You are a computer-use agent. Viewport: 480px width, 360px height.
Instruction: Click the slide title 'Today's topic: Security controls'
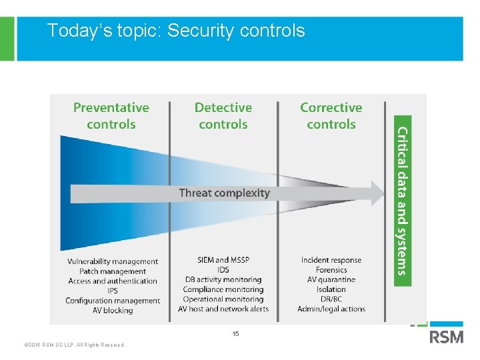(x=176, y=31)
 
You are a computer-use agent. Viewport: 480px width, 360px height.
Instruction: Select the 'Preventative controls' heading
(x=111, y=116)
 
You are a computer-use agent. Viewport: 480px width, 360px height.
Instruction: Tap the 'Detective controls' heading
(x=223, y=116)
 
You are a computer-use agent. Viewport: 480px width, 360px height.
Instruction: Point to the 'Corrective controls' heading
(x=331, y=116)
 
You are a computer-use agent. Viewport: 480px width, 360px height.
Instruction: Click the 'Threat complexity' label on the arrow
(x=224, y=193)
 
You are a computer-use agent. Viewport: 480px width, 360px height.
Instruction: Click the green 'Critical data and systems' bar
(x=403, y=201)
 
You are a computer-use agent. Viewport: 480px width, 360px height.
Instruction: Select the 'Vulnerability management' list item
(x=113, y=261)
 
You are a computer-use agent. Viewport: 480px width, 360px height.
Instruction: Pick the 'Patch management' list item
(x=113, y=271)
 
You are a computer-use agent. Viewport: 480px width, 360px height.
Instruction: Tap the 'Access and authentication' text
(x=113, y=281)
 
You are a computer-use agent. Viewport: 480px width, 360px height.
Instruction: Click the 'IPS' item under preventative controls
(x=113, y=291)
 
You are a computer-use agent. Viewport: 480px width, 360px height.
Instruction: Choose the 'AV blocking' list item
(x=113, y=310)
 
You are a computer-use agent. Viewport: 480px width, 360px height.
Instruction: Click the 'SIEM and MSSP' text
(x=223, y=260)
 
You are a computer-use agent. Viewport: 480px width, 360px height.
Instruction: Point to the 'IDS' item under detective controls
(x=223, y=269)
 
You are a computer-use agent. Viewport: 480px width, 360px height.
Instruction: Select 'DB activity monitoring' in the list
(x=223, y=279)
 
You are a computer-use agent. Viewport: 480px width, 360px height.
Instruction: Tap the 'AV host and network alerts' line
(x=223, y=309)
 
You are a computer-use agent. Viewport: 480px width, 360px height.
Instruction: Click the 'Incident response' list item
(x=331, y=260)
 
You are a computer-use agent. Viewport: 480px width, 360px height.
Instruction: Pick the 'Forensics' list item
(x=331, y=270)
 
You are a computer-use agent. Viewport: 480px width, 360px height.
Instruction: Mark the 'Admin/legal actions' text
(x=331, y=309)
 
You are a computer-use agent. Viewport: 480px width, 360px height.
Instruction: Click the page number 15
(x=235, y=333)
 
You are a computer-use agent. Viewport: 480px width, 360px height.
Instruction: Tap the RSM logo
(x=446, y=336)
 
